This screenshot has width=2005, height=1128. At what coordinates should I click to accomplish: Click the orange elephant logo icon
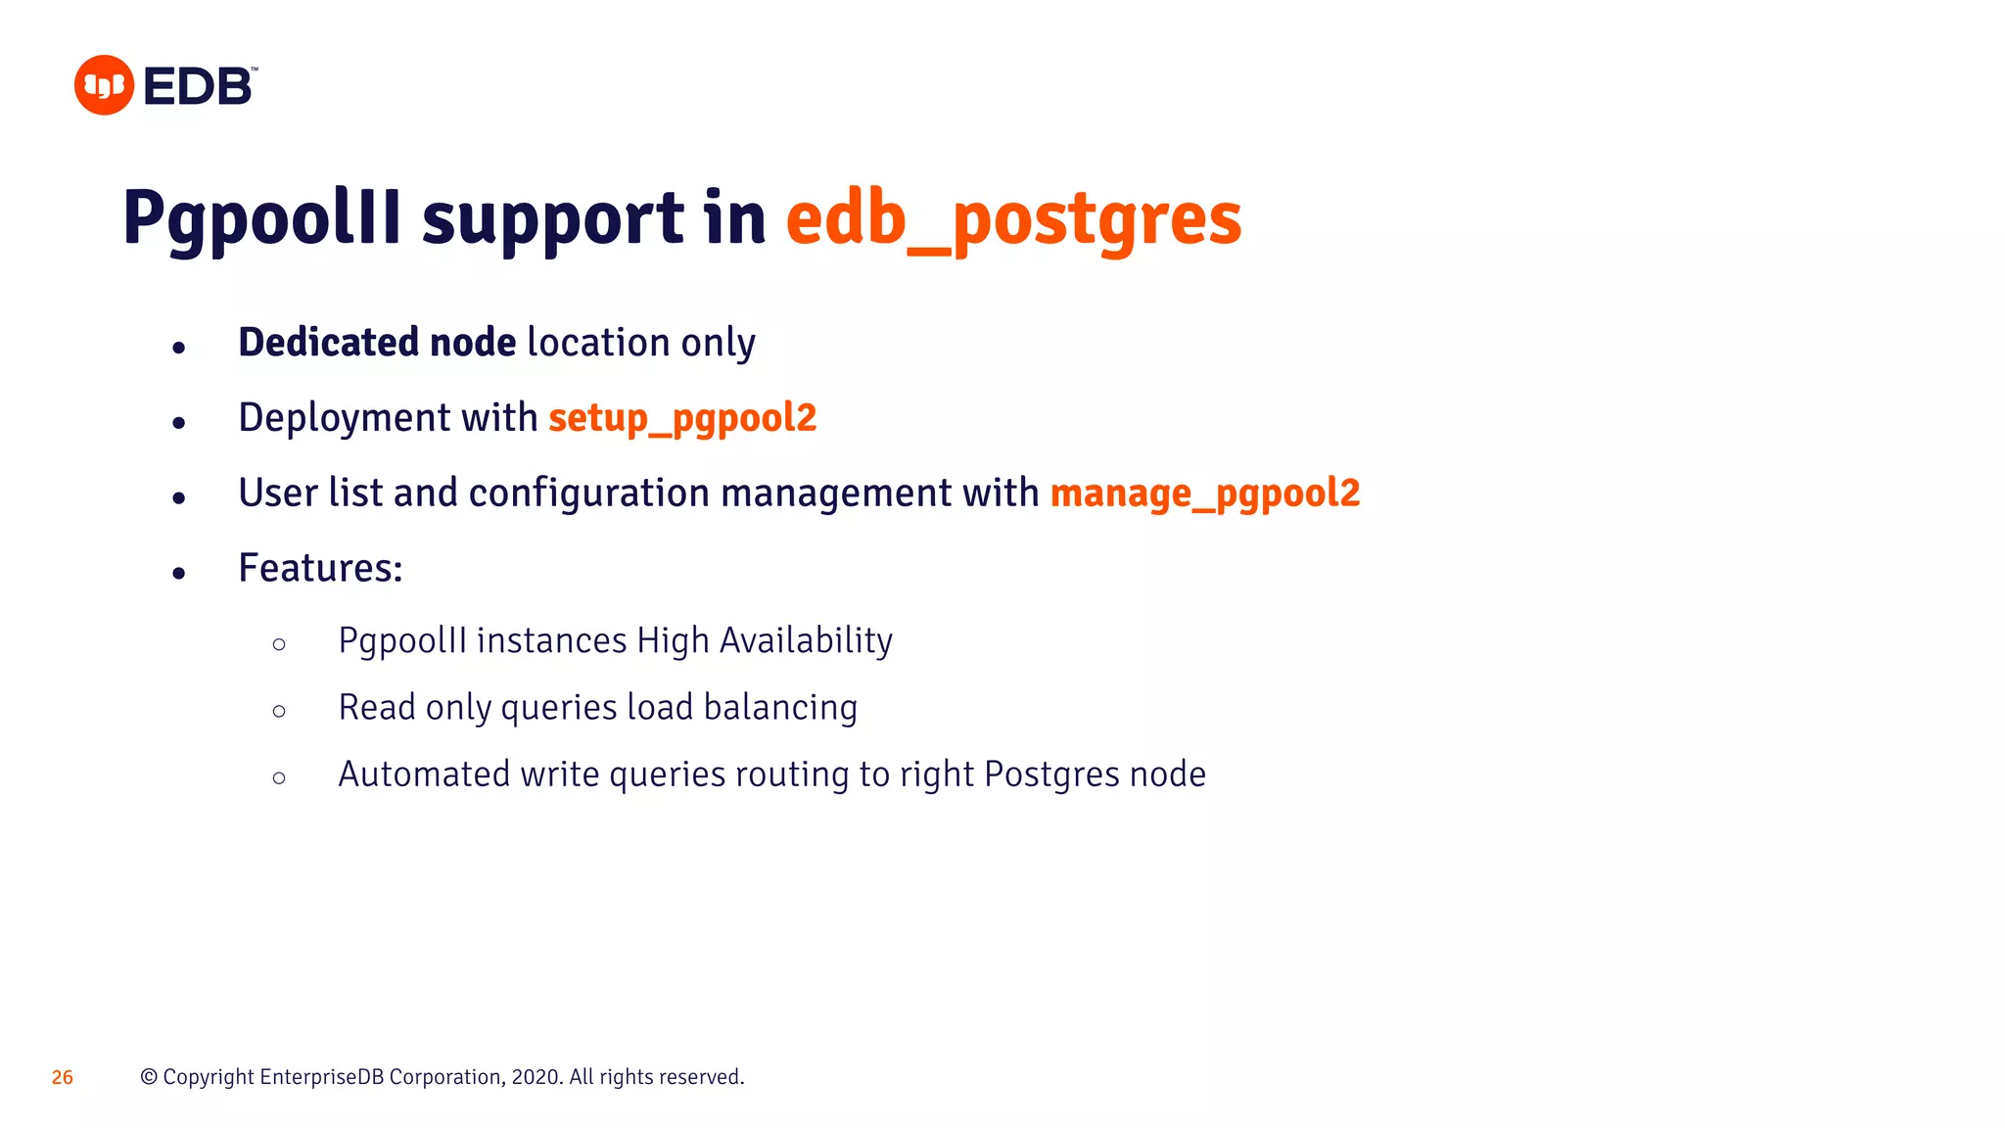click(x=104, y=85)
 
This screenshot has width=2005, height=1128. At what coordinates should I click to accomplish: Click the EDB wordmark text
click(x=199, y=86)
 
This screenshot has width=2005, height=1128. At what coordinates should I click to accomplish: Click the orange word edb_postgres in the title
click(x=1013, y=218)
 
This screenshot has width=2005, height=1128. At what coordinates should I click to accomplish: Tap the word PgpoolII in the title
click(x=261, y=218)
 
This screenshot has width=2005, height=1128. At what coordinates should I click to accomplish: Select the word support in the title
click(x=553, y=218)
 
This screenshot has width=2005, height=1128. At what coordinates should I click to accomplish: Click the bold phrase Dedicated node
click(x=377, y=343)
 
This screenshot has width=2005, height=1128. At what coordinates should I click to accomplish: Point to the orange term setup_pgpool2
click(x=682, y=418)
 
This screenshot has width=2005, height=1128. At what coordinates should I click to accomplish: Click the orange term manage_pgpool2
click(x=1205, y=493)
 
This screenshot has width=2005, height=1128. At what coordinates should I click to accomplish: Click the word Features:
click(x=320, y=568)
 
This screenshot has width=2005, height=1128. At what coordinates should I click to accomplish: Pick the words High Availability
click(x=765, y=640)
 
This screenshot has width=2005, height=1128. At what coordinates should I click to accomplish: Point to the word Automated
click(x=424, y=775)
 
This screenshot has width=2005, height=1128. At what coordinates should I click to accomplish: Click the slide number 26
click(x=63, y=1077)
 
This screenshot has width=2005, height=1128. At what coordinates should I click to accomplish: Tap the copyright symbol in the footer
click(x=149, y=1077)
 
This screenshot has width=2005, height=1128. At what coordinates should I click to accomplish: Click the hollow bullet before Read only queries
click(x=279, y=711)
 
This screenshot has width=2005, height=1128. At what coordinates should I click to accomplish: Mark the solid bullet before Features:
click(x=178, y=573)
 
